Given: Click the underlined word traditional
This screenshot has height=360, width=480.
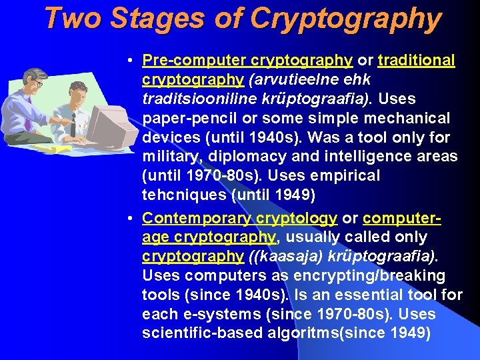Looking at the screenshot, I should pos(416,61).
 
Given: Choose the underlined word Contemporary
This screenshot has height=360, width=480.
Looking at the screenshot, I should pos(189,219).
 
